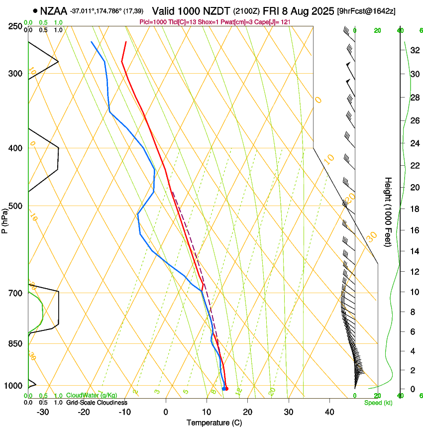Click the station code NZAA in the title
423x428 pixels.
[x=53, y=10]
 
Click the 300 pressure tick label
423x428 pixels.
[x=15, y=74]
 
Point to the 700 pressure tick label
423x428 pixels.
[x=15, y=293]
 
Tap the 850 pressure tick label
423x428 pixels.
[x=15, y=344]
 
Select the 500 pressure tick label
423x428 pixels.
[x=15, y=206]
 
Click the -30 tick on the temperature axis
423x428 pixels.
[x=43, y=412]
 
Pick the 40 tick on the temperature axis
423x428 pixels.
[x=329, y=412]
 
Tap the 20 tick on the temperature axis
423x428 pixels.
[x=247, y=412]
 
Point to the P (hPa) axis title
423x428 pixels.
[x=4, y=219]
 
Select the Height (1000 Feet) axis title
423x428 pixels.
[x=389, y=212]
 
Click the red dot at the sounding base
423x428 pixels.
[x=226, y=389]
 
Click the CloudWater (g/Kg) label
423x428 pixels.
[x=92, y=395]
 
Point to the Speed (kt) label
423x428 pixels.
[x=378, y=403]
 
